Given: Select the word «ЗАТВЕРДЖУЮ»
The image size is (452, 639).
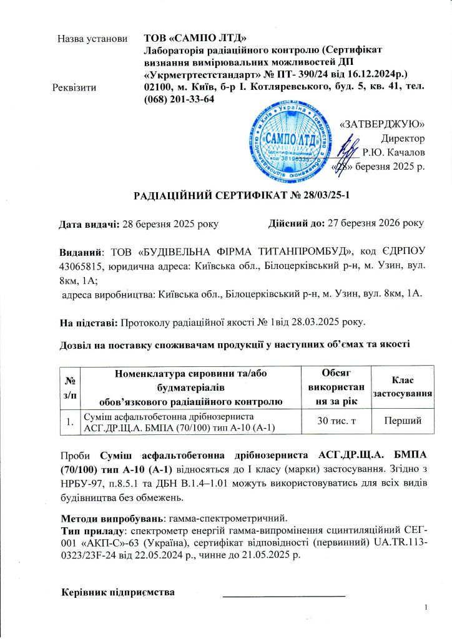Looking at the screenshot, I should (383, 123).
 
